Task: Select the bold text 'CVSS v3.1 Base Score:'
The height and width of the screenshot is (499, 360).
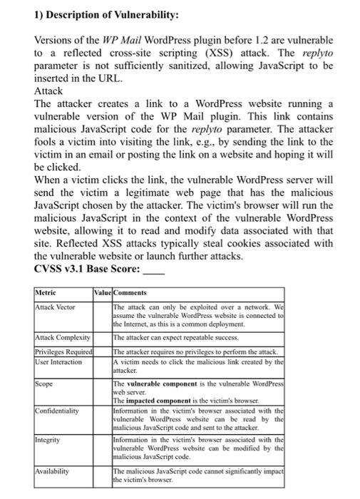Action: (x=86, y=269)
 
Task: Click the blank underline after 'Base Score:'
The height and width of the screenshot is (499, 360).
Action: (x=154, y=271)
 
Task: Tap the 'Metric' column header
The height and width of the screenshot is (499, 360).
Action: (x=48, y=293)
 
